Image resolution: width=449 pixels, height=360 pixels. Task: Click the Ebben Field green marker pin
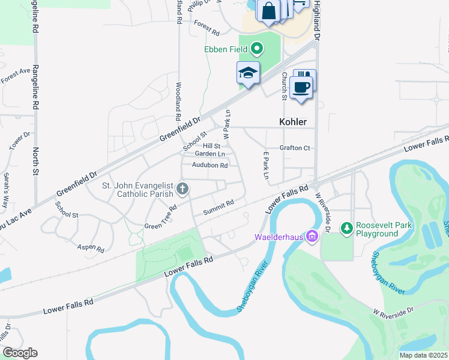point(257,47)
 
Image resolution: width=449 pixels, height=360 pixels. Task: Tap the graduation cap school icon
point(248,74)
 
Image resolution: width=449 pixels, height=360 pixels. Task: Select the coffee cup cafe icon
point(301,86)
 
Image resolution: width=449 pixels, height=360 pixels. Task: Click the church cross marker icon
point(183,190)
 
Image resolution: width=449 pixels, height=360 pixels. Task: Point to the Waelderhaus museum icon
point(312,236)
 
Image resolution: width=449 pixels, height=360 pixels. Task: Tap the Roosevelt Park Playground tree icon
point(346,228)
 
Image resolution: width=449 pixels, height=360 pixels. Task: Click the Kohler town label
point(293,122)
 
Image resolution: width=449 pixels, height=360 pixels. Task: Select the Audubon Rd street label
point(209,165)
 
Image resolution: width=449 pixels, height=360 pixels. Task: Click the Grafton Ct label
point(294,148)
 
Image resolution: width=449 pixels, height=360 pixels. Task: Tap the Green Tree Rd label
point(160,218)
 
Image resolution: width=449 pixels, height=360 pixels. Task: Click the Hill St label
point(211,146)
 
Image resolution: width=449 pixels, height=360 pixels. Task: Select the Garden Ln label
point(205,154)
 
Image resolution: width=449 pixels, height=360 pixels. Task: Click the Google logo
point(20,353)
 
